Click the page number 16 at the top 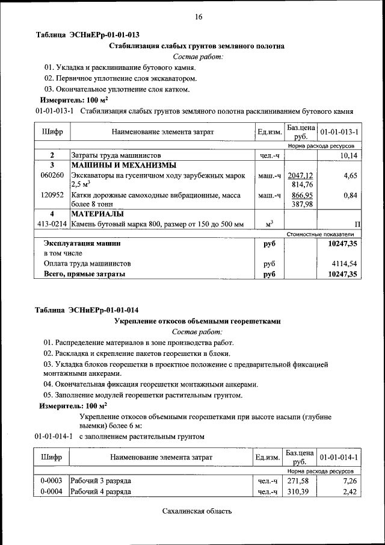click(x=198, y=17)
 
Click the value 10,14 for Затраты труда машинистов click(x=348, y=155)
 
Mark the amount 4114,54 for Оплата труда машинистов click(x=344, y=263)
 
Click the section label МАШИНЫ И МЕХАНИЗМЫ click(x=124, y=165)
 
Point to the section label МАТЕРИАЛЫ click(x=97, y=214)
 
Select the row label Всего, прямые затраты click(x=84, y=274)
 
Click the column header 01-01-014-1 click(x=339, y=457)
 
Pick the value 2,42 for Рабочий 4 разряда click(x=350, y=492)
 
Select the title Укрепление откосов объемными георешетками click(x=197, y=322)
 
